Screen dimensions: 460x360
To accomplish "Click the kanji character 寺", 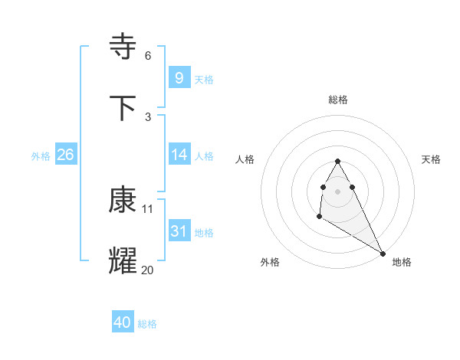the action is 123,47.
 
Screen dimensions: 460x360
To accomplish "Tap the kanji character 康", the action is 123,200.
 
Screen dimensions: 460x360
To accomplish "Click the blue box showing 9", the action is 179,77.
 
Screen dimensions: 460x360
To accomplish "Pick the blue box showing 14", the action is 179,155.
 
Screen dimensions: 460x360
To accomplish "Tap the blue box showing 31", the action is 179,231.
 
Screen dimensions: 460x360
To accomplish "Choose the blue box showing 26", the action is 65,155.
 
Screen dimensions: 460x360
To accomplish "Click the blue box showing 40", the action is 122,322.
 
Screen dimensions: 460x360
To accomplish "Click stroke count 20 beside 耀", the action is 147,270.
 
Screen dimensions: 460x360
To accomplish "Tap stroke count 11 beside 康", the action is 148,208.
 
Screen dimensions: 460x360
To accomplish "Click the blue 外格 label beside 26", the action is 41,155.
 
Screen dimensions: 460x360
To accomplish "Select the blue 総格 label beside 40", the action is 147,324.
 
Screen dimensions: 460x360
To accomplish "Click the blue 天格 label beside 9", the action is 204,79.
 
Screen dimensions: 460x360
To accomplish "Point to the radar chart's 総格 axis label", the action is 338,100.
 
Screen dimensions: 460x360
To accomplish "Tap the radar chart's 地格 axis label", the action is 402,262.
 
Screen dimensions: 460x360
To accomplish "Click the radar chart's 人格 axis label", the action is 245,159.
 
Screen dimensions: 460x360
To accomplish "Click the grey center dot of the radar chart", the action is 338,191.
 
